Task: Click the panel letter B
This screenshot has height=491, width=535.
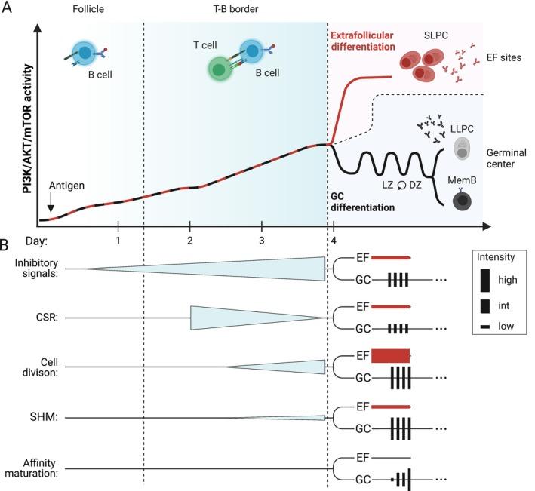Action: pyautogui.click(x=7, y=245)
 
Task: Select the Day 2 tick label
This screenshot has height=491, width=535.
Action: pyautogui.click(x=189, y=240)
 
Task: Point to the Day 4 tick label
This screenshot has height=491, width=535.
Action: pyautogui.click(x=334, y=240)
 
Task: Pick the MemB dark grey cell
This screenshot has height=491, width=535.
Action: pyautogui.click(x=460, y=201)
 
